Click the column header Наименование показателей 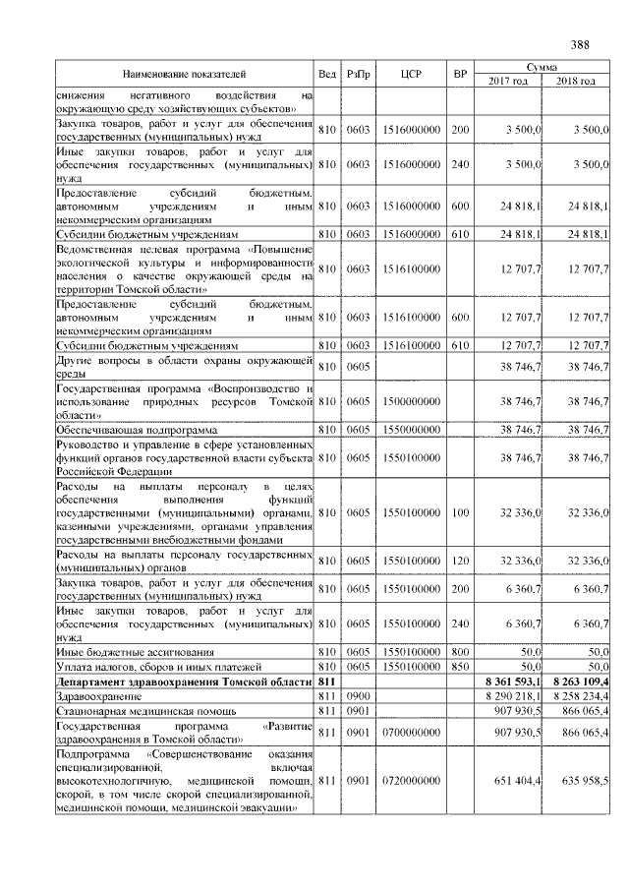coord(184,74)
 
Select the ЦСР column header coord(412,74)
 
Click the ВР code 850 coord(459,667)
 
